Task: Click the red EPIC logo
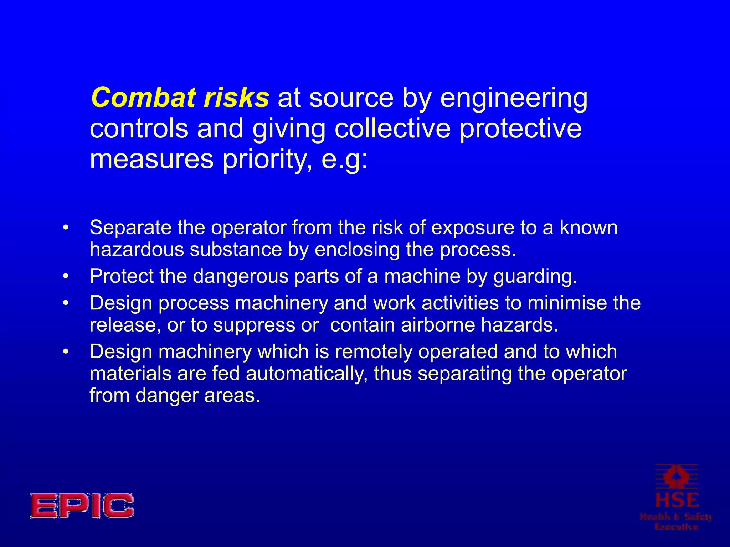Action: [82, 505]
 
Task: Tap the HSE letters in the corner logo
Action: [677, 500]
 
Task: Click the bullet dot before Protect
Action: [65, 276]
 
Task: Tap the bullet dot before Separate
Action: [65, 228]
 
